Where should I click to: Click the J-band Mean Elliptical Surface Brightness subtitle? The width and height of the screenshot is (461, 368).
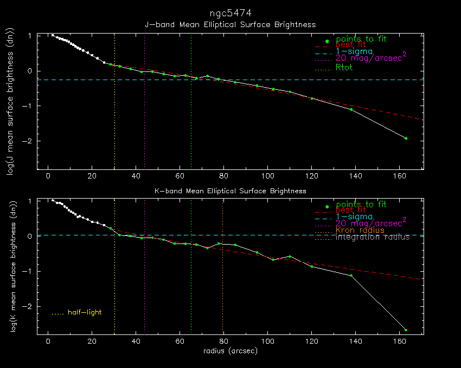point(230,25)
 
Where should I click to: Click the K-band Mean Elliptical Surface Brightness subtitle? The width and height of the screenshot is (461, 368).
point(230,191)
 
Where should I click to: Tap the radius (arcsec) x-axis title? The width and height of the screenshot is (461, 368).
point(230,351)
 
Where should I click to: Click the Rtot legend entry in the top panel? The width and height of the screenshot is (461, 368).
point(344,68)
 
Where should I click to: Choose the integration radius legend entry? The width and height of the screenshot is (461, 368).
point(373,238)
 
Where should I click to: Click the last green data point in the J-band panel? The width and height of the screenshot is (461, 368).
point(406,139)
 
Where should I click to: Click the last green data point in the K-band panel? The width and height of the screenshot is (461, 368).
point(406,330)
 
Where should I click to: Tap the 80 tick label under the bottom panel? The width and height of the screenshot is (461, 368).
point(223,342)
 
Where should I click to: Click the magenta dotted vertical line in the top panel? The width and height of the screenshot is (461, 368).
point(145,124)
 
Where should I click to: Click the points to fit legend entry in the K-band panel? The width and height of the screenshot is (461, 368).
point(361,205)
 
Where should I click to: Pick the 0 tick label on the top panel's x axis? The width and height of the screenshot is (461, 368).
point(48,176)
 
